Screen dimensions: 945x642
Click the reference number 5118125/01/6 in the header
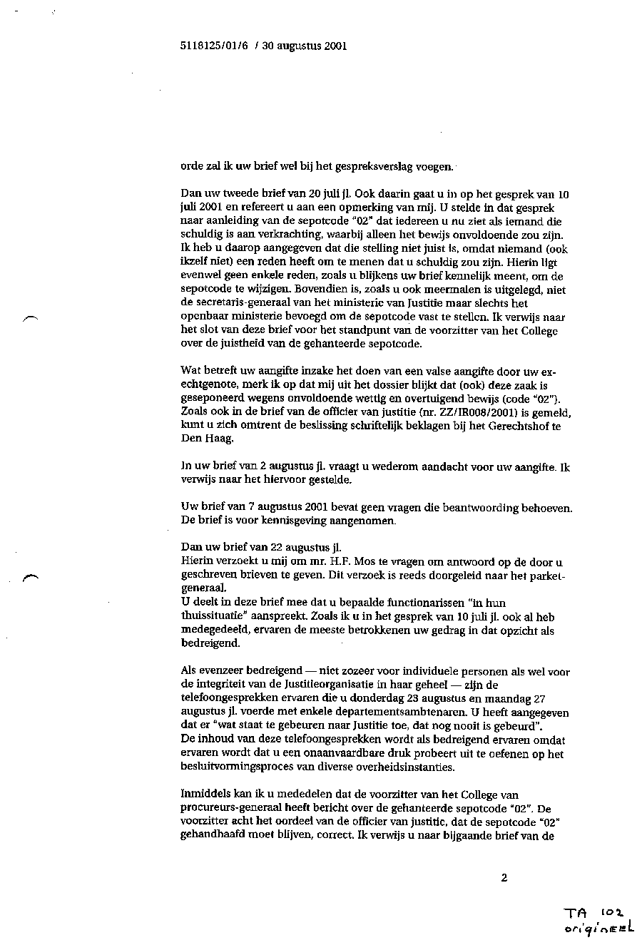pyautogui.click(x=213, y=46)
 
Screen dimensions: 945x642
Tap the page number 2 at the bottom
pyautogui.click(x=504, y=878)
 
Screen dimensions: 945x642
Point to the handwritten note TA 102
pyautogui.click(x=593, y=913)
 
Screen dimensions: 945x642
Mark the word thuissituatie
pyautogui.click(x=211, y=617)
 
